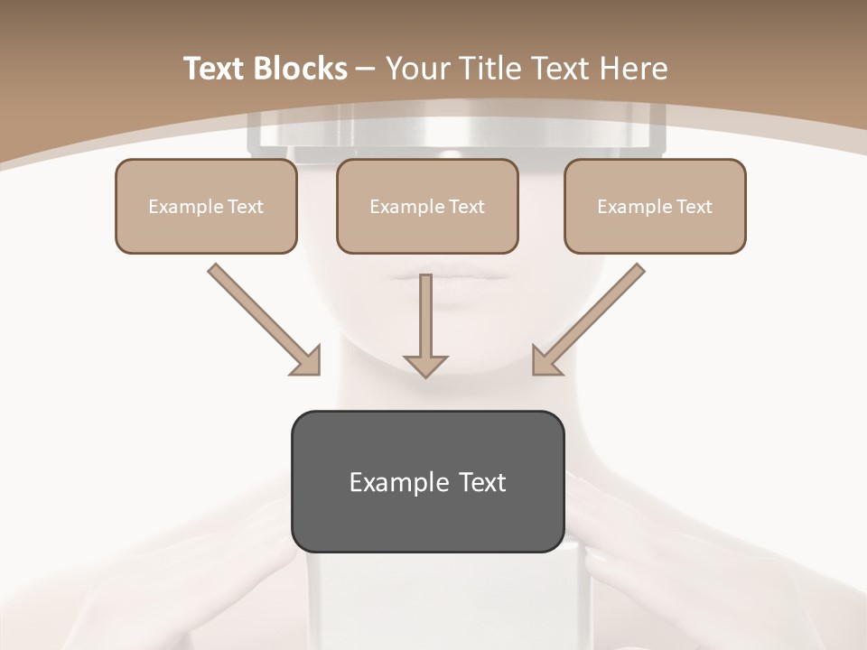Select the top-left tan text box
[206, 206]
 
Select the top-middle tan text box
[427, 206]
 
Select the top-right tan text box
[655, 206]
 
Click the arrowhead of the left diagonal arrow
[307, 361]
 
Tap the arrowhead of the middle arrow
[425, 364]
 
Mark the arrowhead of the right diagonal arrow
[545, 361]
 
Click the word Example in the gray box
[387, 482]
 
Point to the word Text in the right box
[693, 207]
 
